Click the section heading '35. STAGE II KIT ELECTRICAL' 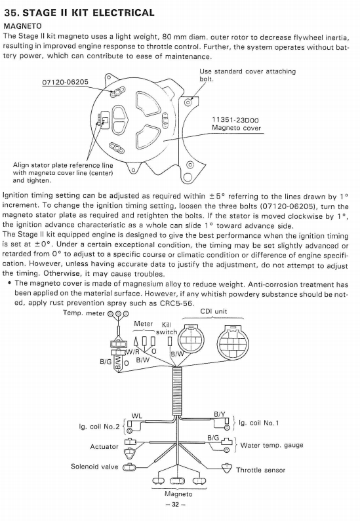click(x=79, y=12)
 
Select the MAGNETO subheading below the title click(x=22, y=26)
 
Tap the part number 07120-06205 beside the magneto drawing click(x=65, y=82)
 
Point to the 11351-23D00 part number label click(x=235, y=121)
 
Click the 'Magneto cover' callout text click(x=236, y=128)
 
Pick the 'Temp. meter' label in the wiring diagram click(x=84, y=313)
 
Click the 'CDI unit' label click(x=213, y=311)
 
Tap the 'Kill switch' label click(x=166, y=328)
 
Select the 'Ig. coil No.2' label click(x=99, y=427)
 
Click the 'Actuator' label click(x=104, y=446)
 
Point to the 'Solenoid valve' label click(x=94, y=467)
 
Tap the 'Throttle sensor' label click(x=260, y=470)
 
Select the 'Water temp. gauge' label click(x=271, y=445)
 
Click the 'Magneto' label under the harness click(x=178, y=493)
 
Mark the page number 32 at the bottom click(x=176, y=505)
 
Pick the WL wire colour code click(x=137, y=416)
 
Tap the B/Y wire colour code click(x=220, y=414)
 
